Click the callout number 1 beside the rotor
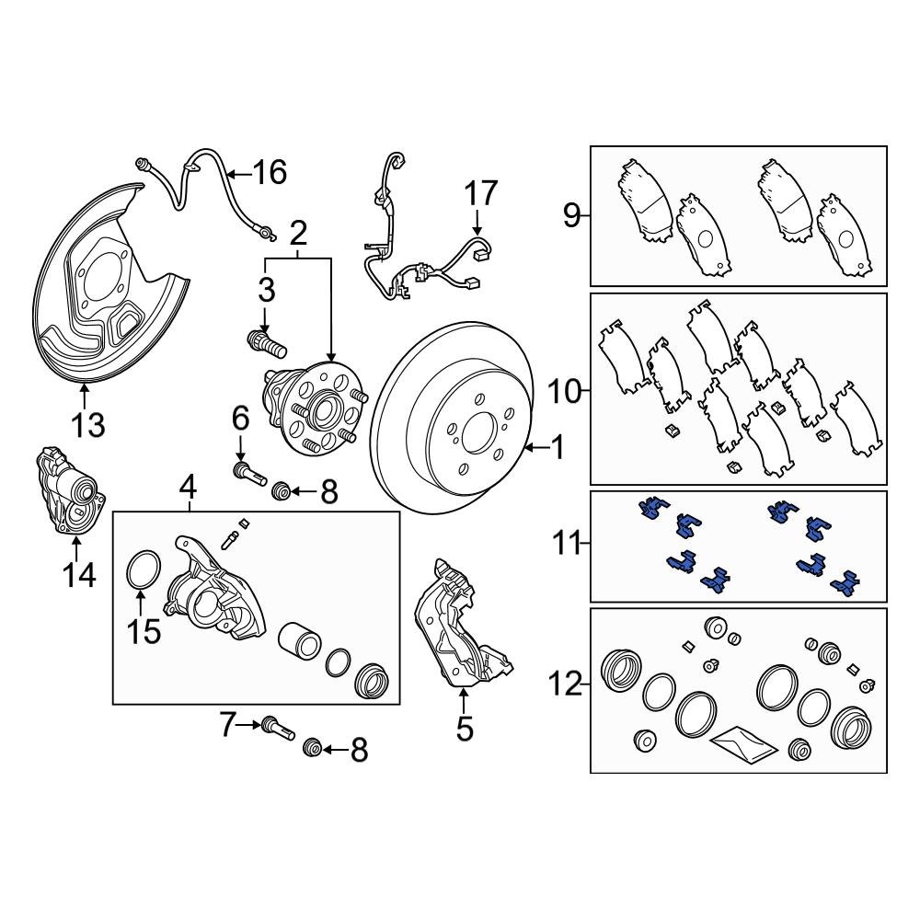556,449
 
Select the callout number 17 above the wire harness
480,194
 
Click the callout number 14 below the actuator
80,575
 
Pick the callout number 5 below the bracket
464,729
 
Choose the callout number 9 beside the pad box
571,217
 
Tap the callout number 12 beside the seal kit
567,684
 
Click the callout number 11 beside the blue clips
567,545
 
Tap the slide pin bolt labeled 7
276,726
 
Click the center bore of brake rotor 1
477,430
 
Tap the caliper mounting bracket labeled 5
457,626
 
